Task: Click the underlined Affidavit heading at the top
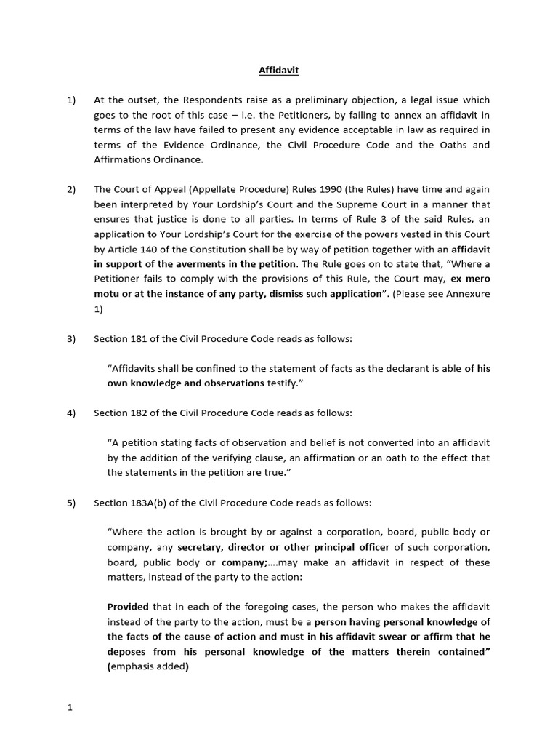click(279, 71)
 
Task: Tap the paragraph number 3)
click(71, 339)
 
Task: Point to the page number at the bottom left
click(70, 706)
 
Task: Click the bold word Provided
click(128, 607)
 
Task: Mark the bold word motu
click(121, 294)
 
